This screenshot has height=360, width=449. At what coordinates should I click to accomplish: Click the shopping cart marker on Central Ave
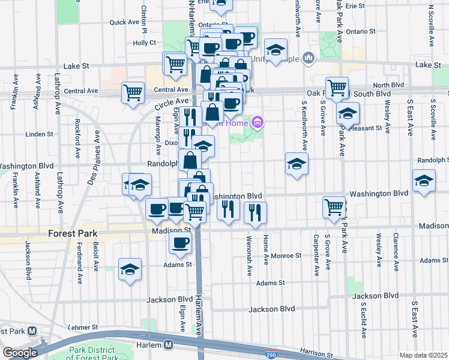[x=133, y=93]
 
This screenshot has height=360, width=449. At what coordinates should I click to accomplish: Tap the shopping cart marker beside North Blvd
[x=337, y=88]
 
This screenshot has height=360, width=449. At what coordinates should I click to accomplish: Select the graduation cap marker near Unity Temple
[x=276, y=49]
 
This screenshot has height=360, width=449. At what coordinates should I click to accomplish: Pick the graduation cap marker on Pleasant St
[x=348, y=113]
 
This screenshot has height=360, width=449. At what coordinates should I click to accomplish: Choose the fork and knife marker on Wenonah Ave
[x=255, y=212]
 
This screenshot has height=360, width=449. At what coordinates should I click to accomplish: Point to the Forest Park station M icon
[x=32, y=331]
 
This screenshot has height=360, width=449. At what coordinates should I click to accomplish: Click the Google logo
[x=19, y=353]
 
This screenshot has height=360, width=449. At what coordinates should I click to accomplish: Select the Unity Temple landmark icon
[x=309, y=58]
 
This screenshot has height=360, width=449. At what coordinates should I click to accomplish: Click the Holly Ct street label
[x=144, y=43]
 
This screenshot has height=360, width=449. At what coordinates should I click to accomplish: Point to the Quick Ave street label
[x=124, y=22]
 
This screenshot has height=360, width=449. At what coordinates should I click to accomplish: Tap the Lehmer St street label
[x=82, y=328]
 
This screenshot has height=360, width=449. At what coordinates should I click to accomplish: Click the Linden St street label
[x=40, y=134]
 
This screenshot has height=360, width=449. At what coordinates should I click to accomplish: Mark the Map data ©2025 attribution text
[x=423, y=355]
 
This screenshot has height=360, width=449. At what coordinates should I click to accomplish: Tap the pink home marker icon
[x=258, y=124]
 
